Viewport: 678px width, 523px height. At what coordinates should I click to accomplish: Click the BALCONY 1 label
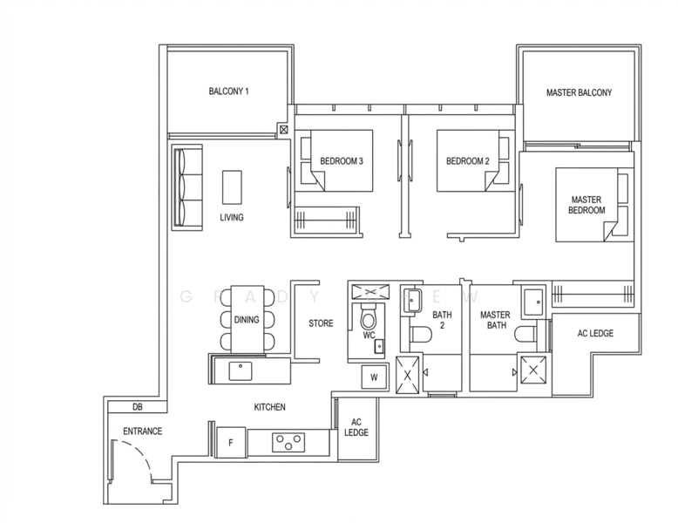coord(229,92)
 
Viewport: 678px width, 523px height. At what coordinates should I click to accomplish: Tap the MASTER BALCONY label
coord(579,92)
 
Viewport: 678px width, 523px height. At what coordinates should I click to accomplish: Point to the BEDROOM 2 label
coord(467,161)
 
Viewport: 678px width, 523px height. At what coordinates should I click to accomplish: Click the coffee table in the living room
coord(233,186)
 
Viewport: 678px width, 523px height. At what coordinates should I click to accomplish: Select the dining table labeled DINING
coord(247,319)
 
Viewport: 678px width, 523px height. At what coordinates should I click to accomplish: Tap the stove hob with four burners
coord(285,442)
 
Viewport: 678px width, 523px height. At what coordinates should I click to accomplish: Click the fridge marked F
coord(231,442)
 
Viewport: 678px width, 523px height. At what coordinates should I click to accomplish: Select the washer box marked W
coord(375,378)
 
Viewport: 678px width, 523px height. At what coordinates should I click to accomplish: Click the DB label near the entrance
coord(137,407)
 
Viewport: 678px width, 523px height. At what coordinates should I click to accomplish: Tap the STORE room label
coord(321,323)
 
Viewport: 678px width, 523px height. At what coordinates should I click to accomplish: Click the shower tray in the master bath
coord(533,370)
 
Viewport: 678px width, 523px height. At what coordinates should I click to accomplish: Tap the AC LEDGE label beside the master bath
coord(596,334)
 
